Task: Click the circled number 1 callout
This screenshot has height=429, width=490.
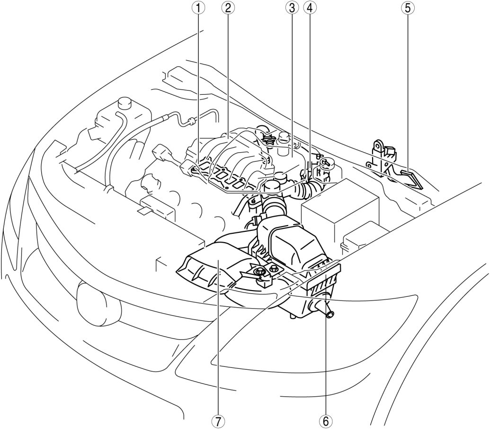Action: coord(201,8)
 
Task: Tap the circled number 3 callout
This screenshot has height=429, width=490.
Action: coord(291,8)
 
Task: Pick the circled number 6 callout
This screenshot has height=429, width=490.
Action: coord(325,420)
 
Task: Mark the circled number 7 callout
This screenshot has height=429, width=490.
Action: coord(218,420)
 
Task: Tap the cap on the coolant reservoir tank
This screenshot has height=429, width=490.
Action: coord(125,103)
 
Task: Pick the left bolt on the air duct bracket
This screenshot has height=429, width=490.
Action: coord(260,272)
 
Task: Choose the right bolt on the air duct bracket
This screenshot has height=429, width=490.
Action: coord(274,269)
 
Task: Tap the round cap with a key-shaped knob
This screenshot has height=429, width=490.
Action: coord(326,164)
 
